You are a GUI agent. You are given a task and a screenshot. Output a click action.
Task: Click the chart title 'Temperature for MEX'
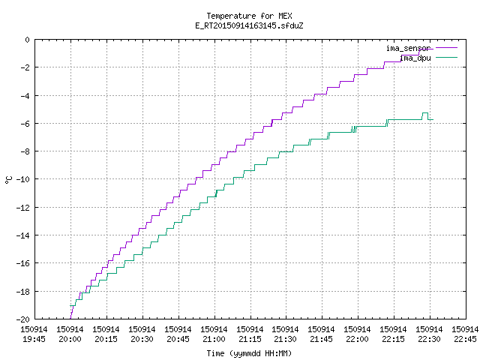pyautogui.click(x=249, y=16)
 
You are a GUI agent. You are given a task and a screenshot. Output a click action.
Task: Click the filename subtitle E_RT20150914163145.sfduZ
pyautogui.click(x=249, y=25)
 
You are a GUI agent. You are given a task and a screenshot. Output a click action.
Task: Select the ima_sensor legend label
pyautogui.click(x=408, y=48)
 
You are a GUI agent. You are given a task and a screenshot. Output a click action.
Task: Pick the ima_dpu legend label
pyautogui.click(x=415, y=58)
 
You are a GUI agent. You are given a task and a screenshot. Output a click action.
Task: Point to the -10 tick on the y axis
pyautogui.click(x=23, y=179)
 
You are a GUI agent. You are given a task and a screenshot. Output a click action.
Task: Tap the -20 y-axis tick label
pyautogui.click(x=23, y=319)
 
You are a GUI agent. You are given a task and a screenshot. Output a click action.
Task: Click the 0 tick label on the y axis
pyautogui.click(x=28, y=40)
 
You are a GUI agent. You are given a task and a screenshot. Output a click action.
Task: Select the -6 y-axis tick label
pyautogui.click(x=25, y=124)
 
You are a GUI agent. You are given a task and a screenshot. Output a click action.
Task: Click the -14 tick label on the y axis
pyautogui.click(x=23, y=235)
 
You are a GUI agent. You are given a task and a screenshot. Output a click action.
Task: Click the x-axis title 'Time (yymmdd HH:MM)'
pyautogui.click(x=249, y=353)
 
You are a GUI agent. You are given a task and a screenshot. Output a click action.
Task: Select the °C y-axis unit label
pyautogui.click(x=8, y=180)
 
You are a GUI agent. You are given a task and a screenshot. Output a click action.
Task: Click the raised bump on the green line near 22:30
pyautogui.click(x=425, y=113)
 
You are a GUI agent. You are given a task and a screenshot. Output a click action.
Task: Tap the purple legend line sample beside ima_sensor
pyautogui.click(x=446, y=48)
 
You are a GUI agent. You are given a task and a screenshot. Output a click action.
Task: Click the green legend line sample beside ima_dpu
pyautogui.click(x=446, y=58)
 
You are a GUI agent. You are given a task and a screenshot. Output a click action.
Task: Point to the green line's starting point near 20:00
pyautogui.click(x=70, y=305)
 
